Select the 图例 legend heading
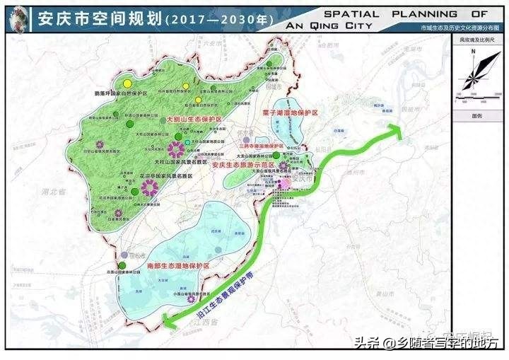point(477,115)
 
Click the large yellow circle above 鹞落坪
point(127,80)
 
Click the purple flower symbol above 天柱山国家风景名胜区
point(175,149)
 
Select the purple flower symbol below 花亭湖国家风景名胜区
point(149,188)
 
